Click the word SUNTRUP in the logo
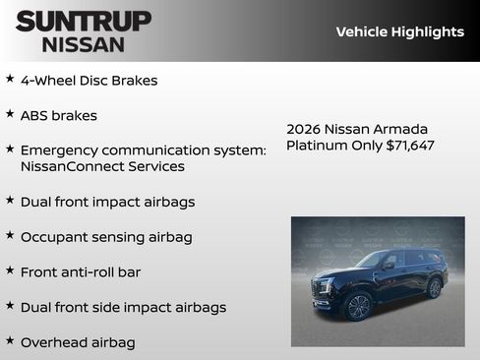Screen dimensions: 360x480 84,21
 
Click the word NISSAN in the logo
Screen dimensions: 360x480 84,43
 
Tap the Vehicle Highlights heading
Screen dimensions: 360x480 399,31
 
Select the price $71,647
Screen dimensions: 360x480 410,146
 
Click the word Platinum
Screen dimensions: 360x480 317,146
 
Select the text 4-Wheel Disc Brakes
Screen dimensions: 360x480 89,81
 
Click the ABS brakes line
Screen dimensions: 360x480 58,115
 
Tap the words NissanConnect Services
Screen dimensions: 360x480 102,166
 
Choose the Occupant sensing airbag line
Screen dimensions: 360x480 106,237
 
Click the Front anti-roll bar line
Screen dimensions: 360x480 86,270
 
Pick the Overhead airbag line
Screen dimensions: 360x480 78,342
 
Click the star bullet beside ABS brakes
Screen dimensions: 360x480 10,114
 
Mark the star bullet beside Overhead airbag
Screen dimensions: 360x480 10,341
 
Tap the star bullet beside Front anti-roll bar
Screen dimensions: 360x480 10,270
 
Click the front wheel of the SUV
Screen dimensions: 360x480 356,306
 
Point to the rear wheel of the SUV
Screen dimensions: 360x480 434,287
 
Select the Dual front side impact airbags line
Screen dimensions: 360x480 123,307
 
